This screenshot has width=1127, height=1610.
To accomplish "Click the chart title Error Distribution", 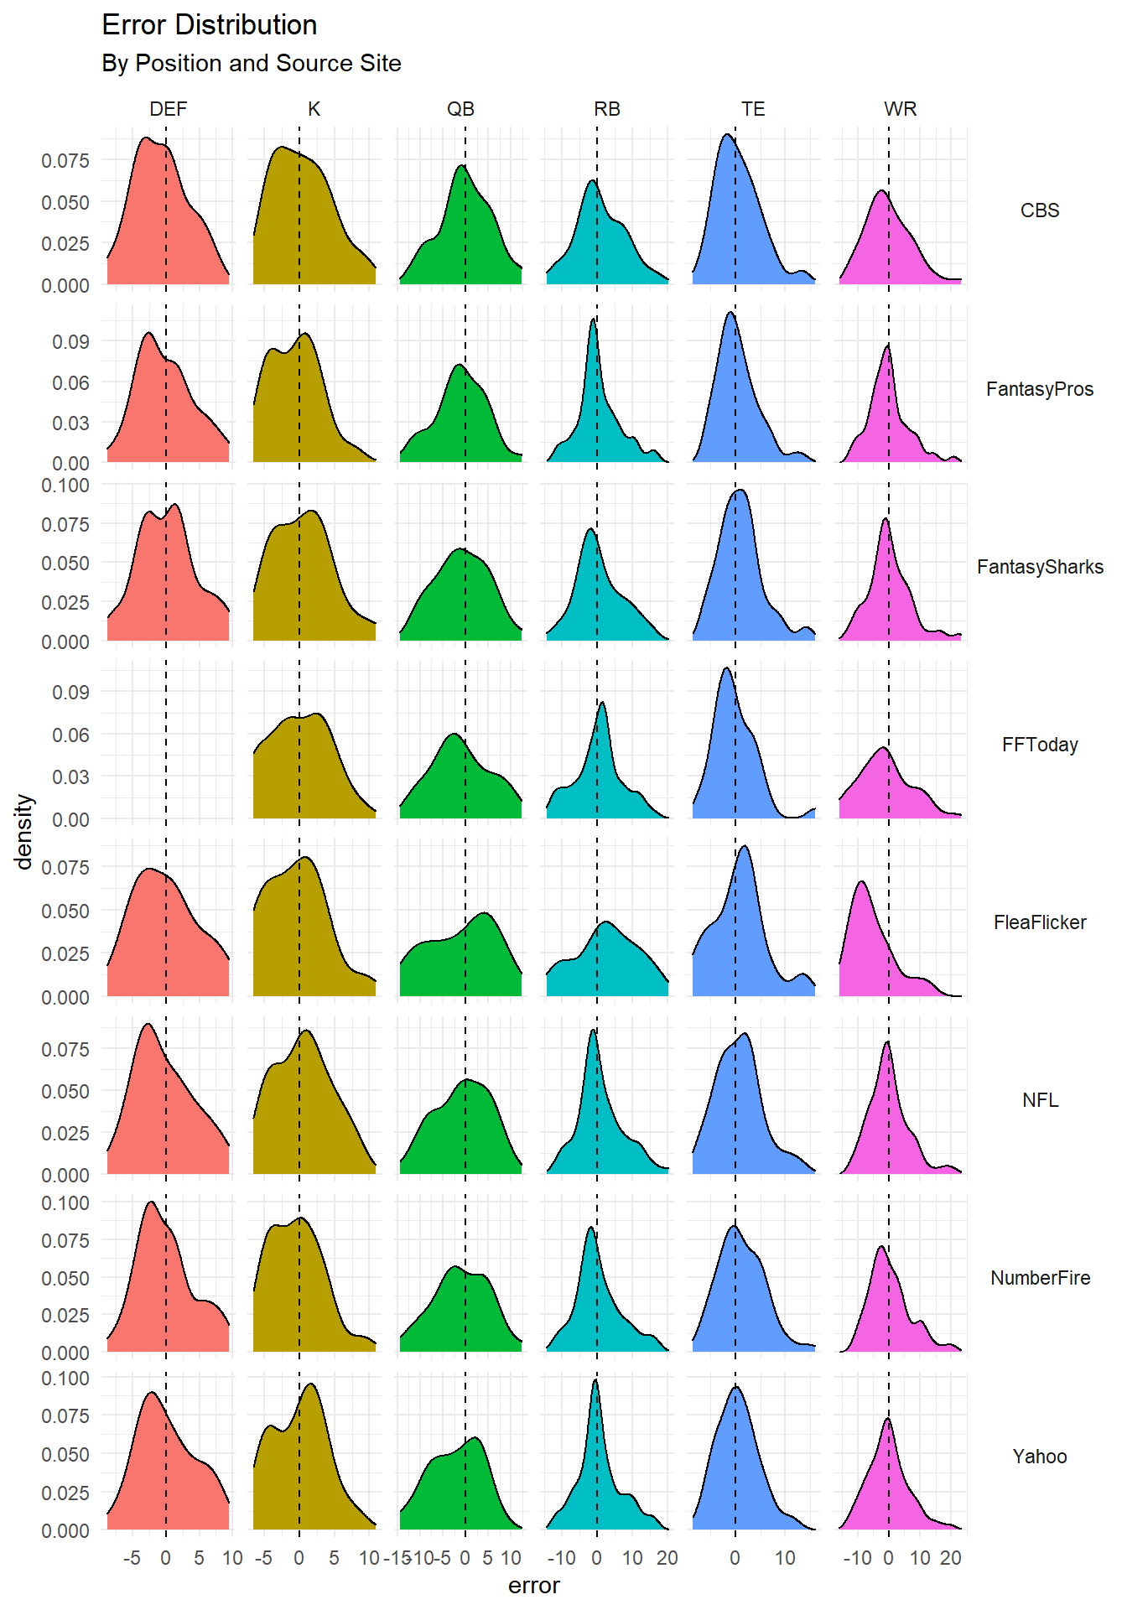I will click(x=209, y=25).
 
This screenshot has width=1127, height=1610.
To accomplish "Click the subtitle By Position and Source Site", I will click(x=251, y=64).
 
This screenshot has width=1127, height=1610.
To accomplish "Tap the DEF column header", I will click(x=168, y=109).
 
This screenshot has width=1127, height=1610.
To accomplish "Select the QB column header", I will click(x=460, y=109).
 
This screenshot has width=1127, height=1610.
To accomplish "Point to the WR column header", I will click(x=900, y=109).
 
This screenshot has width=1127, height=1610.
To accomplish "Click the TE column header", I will click(x=753, y=109).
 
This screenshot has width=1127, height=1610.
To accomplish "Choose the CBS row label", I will click(x=1040, y=210).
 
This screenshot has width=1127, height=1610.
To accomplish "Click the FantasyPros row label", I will click(x=1040, y=389).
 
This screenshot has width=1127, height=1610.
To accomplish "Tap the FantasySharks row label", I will click(x=1040, y=567).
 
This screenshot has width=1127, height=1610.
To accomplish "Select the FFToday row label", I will click(x=1040, y=745).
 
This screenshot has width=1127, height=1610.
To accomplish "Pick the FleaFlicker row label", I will click(x=1040, y=922).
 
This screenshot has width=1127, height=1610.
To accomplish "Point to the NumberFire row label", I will click(x=1040, y=1278).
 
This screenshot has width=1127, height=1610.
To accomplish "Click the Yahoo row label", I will click(x=1040, y=1457).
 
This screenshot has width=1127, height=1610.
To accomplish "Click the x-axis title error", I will click(x=533, y=1586).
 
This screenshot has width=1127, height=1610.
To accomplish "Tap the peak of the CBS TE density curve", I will click(x=726, y=135).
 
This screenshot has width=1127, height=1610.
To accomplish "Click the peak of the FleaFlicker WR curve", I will click(x=861, y=882).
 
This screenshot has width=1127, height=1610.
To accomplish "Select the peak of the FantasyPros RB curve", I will click(x=593, y=319).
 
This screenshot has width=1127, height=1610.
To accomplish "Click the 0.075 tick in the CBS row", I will click(x=65, y=160).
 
